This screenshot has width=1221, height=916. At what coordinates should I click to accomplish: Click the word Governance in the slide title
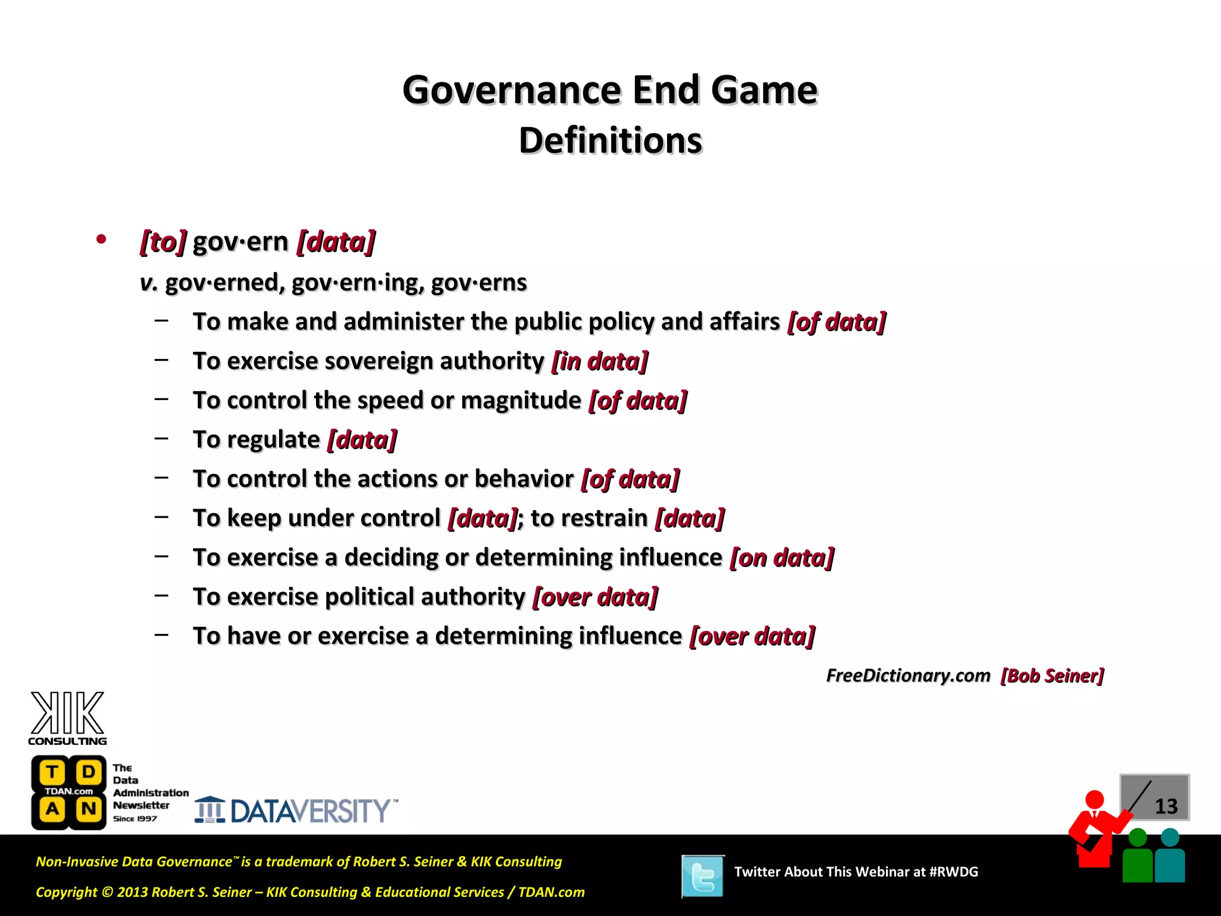tap(512, 91)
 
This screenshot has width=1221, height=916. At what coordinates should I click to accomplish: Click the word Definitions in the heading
tap(610, 141)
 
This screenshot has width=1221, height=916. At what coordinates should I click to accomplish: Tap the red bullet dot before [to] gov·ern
tap(101, 240)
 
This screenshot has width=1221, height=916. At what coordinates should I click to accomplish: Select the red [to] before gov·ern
tap(163, 242)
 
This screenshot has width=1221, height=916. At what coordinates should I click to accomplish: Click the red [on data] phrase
tap(782, 558)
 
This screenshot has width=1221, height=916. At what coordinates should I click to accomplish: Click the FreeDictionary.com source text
tap(907, 676)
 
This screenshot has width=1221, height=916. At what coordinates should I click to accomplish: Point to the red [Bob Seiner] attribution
tap(1052, 676)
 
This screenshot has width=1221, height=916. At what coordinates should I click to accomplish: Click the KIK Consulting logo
tap(67, 718)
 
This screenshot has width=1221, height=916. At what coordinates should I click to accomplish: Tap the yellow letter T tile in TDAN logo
tap(52, 772)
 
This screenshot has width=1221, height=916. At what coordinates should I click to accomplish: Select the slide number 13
tap(1166, 807)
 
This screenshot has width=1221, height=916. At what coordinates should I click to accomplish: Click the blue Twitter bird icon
tap(703, 876)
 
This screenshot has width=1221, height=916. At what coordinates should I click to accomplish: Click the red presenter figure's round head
tap(1094, 800)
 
